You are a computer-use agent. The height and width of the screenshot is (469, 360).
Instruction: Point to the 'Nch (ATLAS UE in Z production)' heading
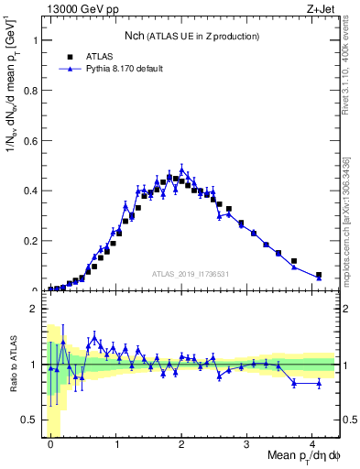(x=192, y=36)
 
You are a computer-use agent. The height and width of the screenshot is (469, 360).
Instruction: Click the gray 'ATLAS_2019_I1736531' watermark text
(x=190, y=274)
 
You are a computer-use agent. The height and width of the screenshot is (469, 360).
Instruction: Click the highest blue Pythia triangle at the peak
(x=182, y=169)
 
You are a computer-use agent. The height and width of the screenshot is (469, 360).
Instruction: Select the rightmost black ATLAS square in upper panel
(x=319, y=275)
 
